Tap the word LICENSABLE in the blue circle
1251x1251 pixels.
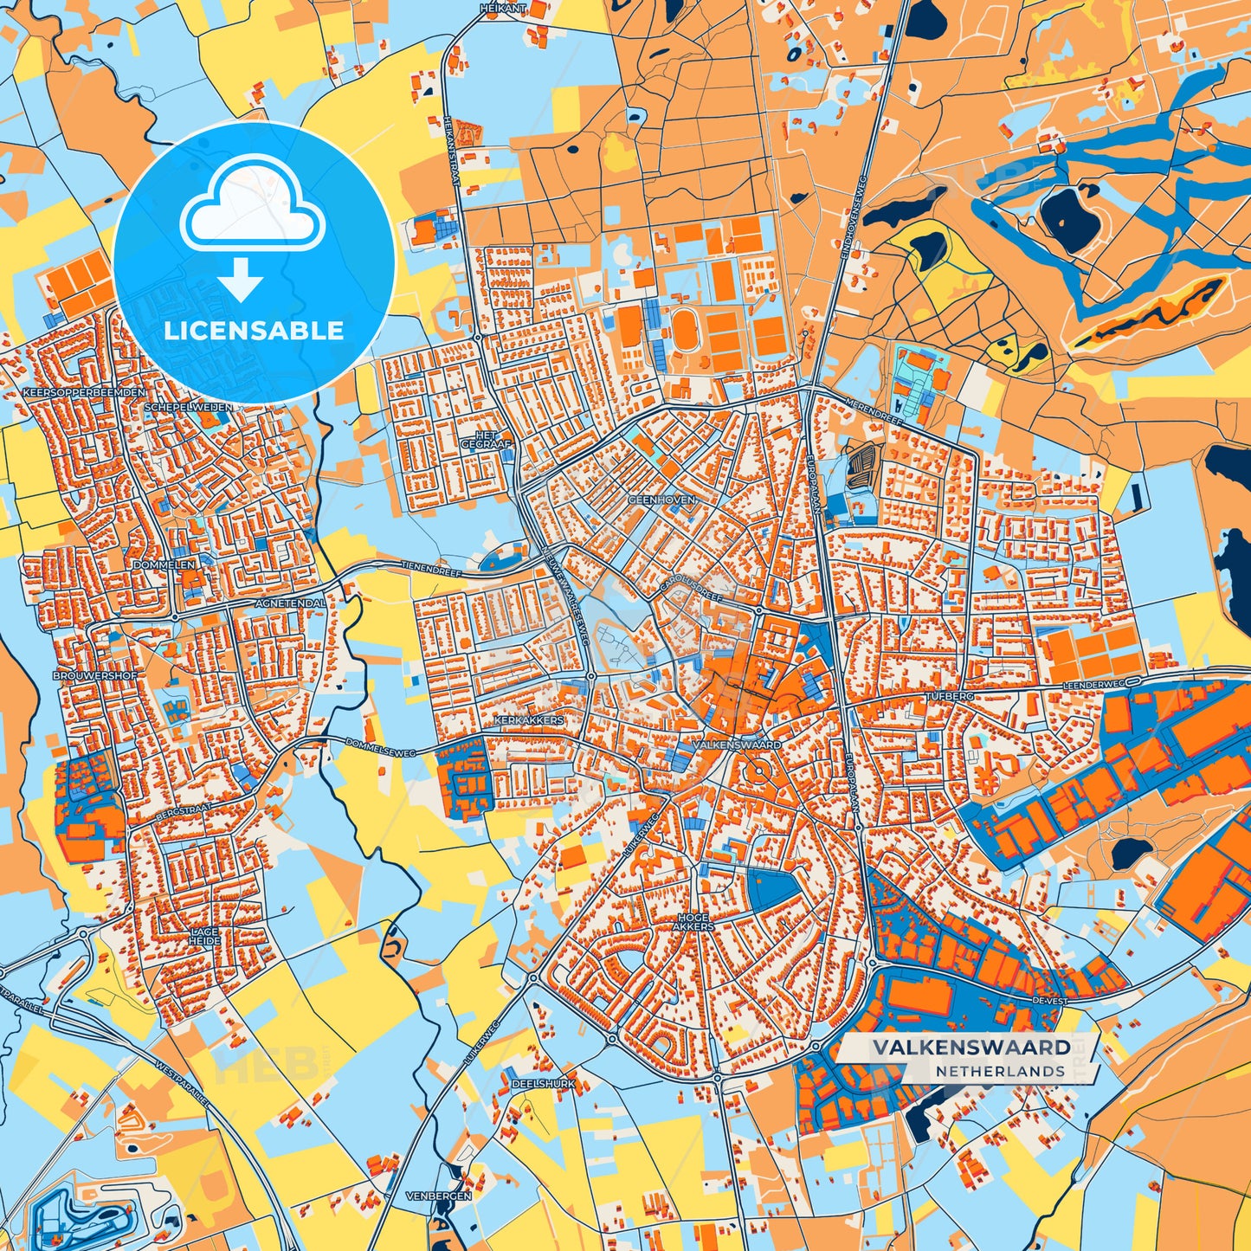[x=255, y=331]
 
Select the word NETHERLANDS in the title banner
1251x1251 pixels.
[x=999, y=1071]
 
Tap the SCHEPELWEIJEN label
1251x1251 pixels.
[x=188, y=406]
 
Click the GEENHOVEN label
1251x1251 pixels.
[x=661, y=500]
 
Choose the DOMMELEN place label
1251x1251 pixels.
[x=164, y=564]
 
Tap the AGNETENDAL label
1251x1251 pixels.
[x=291, y=603]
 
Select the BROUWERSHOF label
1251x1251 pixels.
[x=88, y=674]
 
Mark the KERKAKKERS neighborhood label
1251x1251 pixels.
[x=528, y=720]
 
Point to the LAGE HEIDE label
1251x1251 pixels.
[x=204, y=936]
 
